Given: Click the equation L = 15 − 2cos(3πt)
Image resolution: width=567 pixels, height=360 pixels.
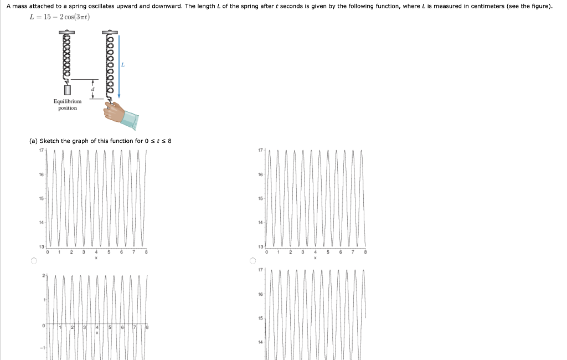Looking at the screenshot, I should (60, 17).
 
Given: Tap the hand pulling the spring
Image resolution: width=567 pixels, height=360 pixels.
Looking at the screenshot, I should (115, 111).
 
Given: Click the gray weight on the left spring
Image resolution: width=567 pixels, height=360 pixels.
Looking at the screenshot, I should (68, 89).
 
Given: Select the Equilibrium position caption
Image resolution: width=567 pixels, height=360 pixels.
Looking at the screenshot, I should (68, 105).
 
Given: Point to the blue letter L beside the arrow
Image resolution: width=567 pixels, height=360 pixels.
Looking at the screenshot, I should (123, 65).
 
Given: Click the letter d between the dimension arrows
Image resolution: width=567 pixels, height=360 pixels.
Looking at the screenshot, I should (92, 89).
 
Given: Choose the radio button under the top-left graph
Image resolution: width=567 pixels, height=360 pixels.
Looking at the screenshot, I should (34, 261).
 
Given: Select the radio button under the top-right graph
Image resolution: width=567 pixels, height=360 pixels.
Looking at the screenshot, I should (254, 261).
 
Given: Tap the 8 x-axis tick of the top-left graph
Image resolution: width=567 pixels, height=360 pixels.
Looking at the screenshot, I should (146, 253).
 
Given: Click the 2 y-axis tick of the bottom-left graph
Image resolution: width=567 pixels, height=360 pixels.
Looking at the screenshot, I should (43, 276).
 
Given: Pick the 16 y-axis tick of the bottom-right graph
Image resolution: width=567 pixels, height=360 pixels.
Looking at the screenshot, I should (261, 295).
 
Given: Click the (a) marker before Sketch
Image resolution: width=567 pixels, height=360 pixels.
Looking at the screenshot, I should (33, 141).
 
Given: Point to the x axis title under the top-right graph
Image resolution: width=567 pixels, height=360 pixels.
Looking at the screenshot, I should (315, 258).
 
